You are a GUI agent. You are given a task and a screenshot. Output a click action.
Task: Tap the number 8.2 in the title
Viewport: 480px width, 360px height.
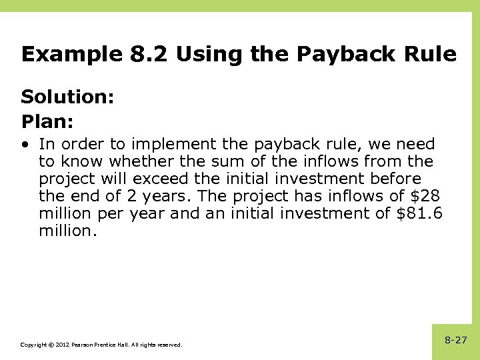click(150, 54)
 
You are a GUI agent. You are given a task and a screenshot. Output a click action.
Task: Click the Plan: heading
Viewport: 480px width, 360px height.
click(47, 122)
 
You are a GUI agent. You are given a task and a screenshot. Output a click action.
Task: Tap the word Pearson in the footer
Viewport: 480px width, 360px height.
click(84, 345)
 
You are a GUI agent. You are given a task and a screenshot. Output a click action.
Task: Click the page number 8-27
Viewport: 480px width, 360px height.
click(456, 340)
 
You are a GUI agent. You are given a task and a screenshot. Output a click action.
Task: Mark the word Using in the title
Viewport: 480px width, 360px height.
click(210, 54)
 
